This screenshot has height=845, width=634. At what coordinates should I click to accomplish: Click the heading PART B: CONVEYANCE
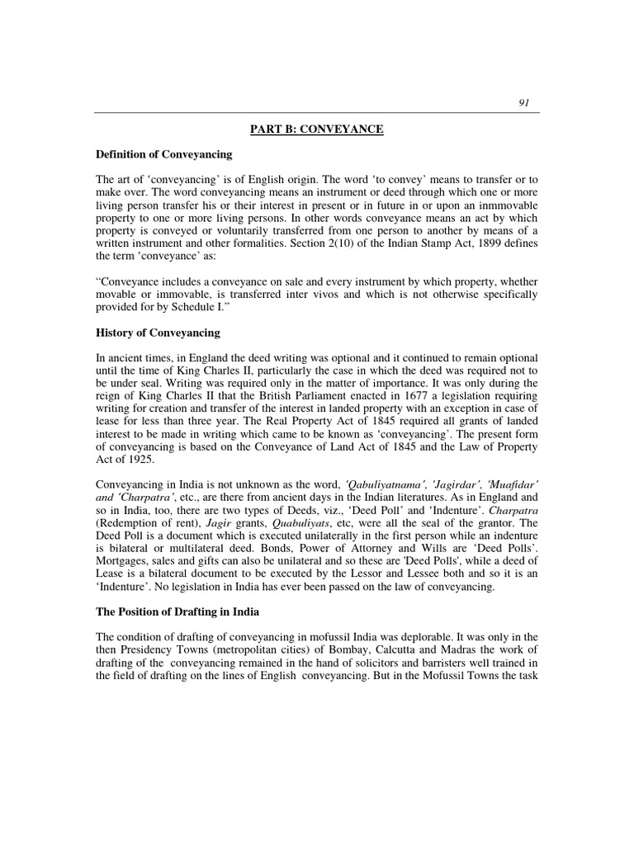click(x=317, y=129)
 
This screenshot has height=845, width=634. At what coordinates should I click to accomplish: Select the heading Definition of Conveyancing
click(x=163, y=154)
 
